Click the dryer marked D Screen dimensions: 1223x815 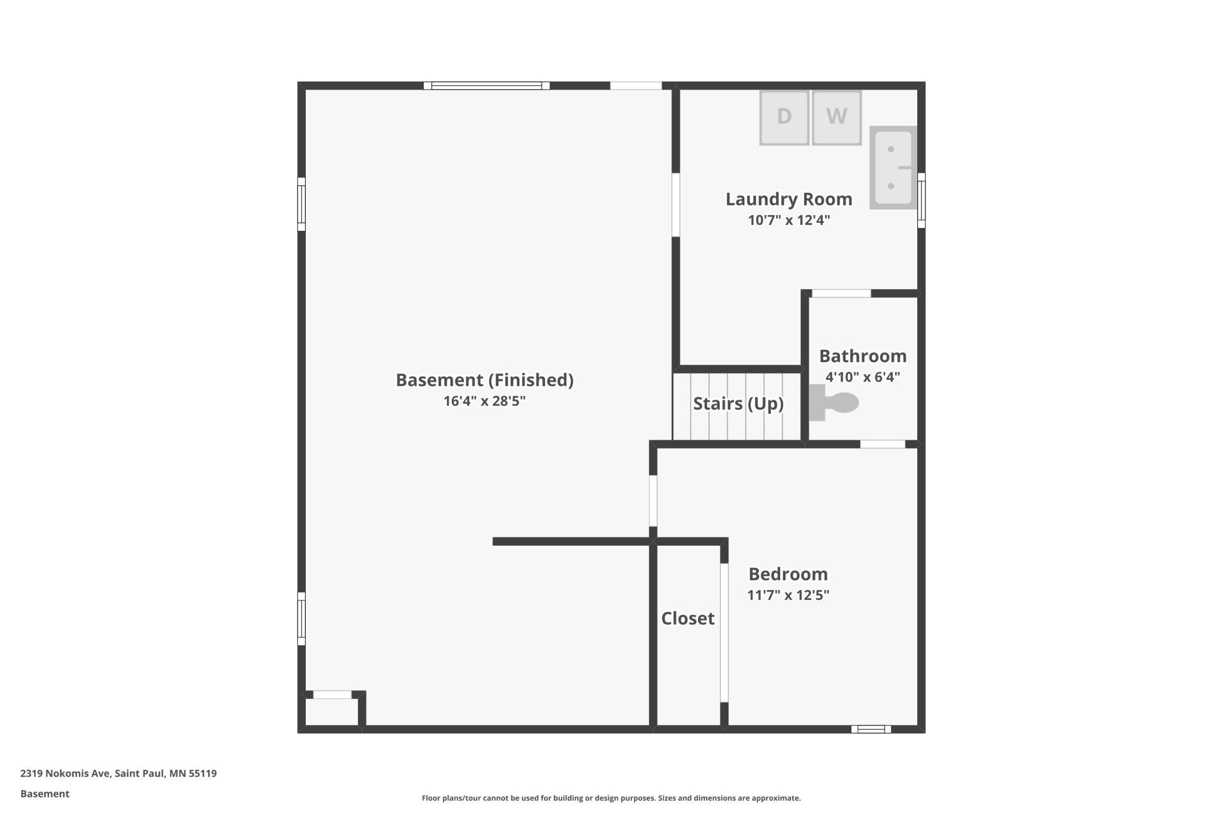coord(784,118)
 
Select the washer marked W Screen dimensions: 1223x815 coord(837,118)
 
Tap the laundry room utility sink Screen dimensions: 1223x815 coord(893,168)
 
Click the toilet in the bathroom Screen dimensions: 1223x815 coord(834,403)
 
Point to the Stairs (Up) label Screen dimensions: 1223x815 coord(738,403)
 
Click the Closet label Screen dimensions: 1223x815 coord(688,618)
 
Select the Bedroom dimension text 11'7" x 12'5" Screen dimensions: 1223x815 coord(788,595)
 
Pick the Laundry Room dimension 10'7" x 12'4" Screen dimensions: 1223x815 coord(788,220)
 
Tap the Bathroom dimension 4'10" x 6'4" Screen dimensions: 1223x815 coord(863,377)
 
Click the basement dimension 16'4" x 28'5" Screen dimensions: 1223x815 coord(484,401)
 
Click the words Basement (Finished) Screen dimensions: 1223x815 coord(484,380)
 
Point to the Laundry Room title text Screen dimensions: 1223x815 coord(788,199)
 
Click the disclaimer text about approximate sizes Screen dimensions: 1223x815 coord(611,798)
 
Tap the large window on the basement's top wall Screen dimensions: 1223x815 coord(486,86)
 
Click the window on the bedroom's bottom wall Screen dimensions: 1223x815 coord(871,729)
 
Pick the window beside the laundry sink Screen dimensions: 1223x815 coord(921,201)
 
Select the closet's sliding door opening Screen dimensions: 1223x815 coord(724,633)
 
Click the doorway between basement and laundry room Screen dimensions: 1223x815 coord(676,205)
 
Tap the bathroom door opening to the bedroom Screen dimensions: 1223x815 coord(883,444)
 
